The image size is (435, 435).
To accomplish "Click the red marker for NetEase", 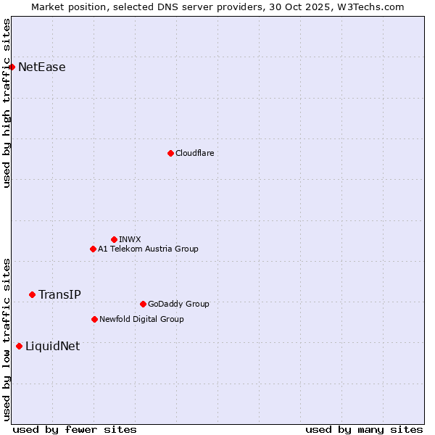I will pyautogui.click(x=12, y=67).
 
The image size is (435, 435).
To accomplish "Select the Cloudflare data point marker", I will pyautogui.click(x=170, y=153).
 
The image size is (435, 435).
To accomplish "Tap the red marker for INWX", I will pyautogui.click(x=114, y=239).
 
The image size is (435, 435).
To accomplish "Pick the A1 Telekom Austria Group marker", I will pyautogui.click(x=93, y=249).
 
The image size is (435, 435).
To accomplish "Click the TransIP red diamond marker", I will pyautogui.click(x=32, y=294).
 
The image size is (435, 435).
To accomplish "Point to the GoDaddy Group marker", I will pyautogui.click(x=143, y=304).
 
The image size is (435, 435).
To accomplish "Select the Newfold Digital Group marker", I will pyautogui.click(x=94, y=319).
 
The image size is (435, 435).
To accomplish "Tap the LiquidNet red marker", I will pyautogui.click(x=19, y=346).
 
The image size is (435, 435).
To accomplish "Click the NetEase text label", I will pyautogui.click(x=42, y=67).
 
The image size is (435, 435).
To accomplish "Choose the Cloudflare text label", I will pyautogui.click(x=195, y=153).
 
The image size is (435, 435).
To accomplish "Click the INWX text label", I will pyautogui.click(x=130, y=239).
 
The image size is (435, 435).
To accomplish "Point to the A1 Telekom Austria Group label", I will pyautogui.click(x=148, y=249).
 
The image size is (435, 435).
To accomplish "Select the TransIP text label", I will pyautogui.click(x=59, y=294).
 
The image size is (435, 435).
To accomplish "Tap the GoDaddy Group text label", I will pyautogui.click(x=178, y=304).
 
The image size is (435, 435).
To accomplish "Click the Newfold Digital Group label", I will pyautogui.click(x=141, y=319).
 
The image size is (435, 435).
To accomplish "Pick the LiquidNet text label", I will pyautogui.click(x=52, y=346).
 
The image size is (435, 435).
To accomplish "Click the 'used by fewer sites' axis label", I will pyautogui.click(x=75, y=429).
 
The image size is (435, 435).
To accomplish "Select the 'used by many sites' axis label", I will pyautogui.click(x=364, y=429).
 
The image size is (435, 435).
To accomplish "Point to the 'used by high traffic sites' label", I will pyautogui.click(x=7, y=103).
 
